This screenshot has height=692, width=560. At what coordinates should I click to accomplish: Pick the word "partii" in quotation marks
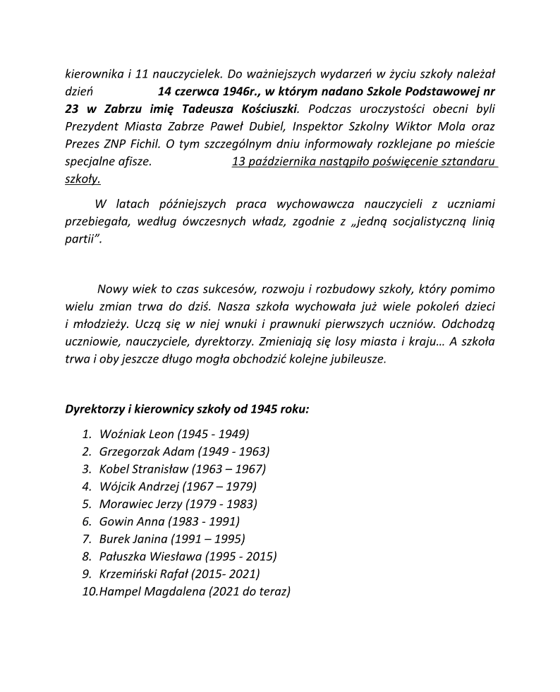[80, 240]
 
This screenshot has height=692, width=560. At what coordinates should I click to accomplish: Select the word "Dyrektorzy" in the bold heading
[95, 409]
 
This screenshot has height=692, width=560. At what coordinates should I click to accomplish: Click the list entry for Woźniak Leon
[174, 434]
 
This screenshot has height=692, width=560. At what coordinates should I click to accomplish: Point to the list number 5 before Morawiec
[87, 504]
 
